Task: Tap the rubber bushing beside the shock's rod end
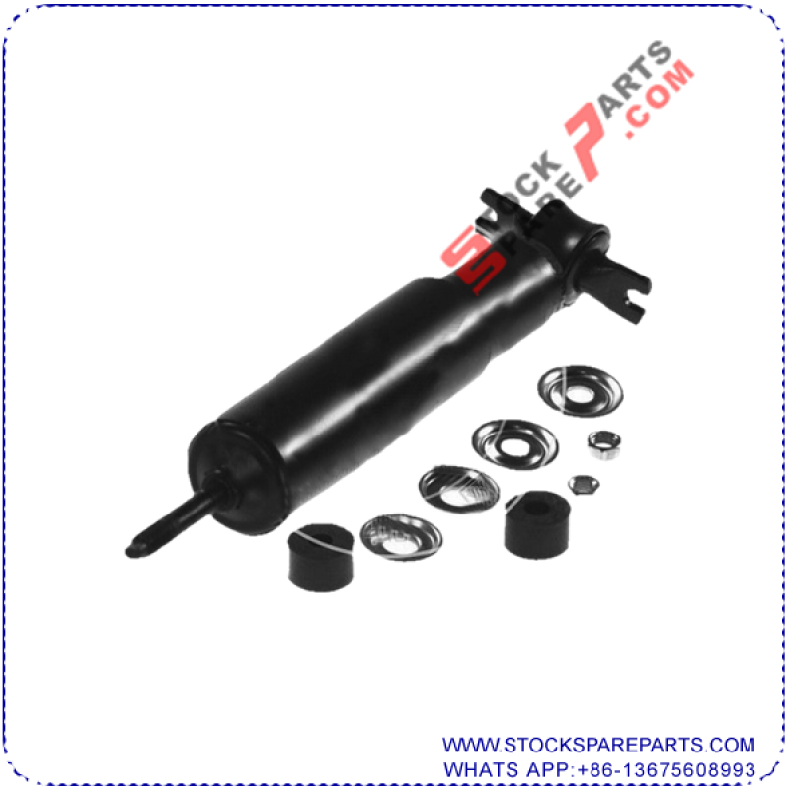tap(321, 557)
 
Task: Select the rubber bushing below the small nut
tap(537, 525)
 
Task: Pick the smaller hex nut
tap(584, 485)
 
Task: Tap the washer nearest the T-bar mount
tap(581, 391)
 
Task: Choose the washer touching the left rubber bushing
tap(402, 537)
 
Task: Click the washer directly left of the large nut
tap(514, 443)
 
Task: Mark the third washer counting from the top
tap(459, 488)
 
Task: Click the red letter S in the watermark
tap(473, 261)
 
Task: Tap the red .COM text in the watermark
tap(660, 98)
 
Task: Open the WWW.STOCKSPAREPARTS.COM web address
tap(598, 745)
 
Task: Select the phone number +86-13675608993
tap(666, 770)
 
